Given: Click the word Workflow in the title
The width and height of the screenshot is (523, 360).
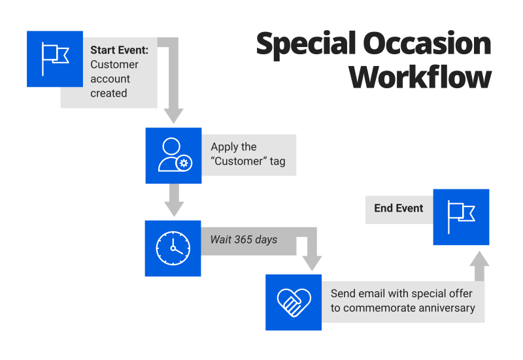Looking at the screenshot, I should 420,77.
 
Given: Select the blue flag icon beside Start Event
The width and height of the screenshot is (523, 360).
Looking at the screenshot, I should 55,59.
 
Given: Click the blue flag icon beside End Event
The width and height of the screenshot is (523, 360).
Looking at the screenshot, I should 461,217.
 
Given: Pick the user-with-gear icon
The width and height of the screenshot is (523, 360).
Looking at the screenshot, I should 173,155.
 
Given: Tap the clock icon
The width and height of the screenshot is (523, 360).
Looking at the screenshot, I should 173,248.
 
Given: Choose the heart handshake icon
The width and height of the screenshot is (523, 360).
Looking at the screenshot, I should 293,301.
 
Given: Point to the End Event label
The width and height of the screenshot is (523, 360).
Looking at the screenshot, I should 399,208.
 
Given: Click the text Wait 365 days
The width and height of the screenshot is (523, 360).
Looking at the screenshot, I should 243,240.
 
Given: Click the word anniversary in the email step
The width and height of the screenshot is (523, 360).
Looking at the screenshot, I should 447,308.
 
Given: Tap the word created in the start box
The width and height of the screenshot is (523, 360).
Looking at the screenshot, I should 109,93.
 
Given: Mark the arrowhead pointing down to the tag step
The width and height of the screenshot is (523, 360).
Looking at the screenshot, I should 173,115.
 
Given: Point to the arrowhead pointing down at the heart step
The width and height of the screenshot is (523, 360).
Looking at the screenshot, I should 312,262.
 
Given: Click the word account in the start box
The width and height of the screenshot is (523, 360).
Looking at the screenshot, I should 110,78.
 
